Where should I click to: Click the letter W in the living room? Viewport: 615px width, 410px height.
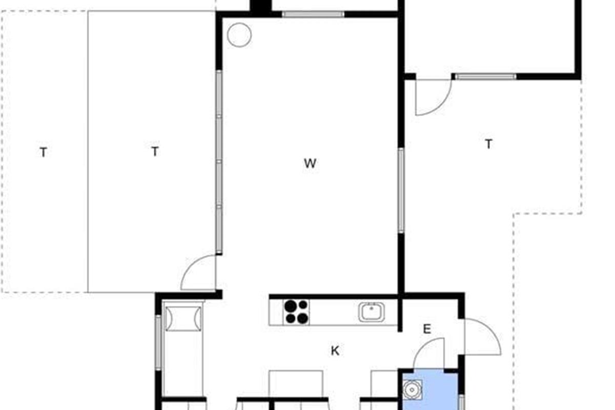pyautogui.click(x=310, y=163)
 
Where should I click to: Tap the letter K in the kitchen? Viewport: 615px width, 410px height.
pyautogui.click(x=335, y=351)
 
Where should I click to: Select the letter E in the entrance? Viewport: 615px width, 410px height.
pyautogui.click(x=427, y=329)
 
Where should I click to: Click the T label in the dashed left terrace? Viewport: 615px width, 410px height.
pyautogui.click(x=44, y=152)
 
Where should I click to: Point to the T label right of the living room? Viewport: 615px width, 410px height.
pyautogui.click(x=489, y=144)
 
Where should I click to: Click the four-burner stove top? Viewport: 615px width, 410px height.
pyautogui.click(x=296, y=312)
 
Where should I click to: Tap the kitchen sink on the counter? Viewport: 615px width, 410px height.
pyautogui.click(x=371, y=312)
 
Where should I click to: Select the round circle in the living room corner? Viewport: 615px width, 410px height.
pyautogui.click(x=239, y=35)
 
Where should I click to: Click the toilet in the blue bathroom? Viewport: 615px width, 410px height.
pyautogui.click(x=412, y=389)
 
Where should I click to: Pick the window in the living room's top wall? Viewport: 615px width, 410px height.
pyautogui.click(x=313, y=14)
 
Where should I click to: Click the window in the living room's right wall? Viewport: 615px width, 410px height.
pyautogui.click(x=401, y=190)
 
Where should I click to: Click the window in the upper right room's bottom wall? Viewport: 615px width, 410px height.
pyautogui.click(x=486, y=76)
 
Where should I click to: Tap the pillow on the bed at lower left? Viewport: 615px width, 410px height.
pyautogui.click(x=183, y=319)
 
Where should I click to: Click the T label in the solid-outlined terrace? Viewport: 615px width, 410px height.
pyautogui.click(x=155, y=151)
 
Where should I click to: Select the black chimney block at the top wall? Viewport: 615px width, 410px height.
pyautogui.click(x=260, y=6)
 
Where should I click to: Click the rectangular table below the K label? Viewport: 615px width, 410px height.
pyautogui.click(x=296, y=384)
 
